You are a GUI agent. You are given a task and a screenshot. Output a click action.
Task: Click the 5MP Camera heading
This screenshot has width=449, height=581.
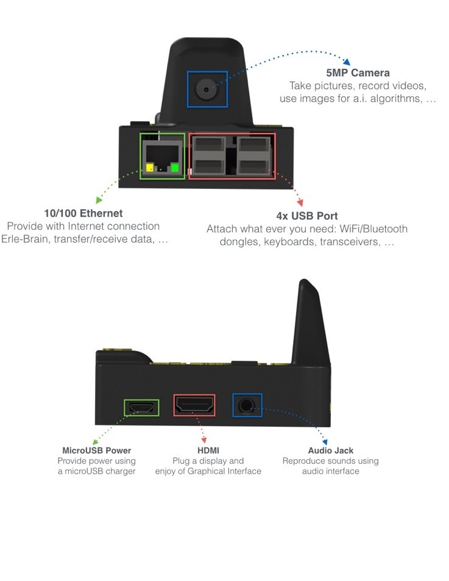point(358,73)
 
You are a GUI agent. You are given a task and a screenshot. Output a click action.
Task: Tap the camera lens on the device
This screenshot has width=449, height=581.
point(207,89)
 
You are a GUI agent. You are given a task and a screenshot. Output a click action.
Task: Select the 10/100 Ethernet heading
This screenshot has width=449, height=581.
point(83,213)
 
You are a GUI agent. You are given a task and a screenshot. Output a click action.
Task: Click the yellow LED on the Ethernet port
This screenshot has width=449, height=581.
point(150,168)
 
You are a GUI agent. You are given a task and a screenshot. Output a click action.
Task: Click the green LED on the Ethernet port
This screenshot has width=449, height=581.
point(175,168)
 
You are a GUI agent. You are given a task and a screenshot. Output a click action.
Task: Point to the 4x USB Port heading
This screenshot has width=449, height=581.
point(307,216)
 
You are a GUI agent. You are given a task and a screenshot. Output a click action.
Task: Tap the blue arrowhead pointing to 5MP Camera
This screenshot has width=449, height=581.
point(346,62)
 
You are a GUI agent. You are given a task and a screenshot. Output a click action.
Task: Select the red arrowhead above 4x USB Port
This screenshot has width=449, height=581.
point(299,202)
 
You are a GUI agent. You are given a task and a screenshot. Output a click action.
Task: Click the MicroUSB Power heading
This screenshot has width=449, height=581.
point(96,451)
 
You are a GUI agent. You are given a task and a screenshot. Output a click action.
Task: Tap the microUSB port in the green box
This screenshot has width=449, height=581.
point(141,407)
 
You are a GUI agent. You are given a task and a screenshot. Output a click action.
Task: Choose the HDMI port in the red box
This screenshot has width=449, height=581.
point(195,405)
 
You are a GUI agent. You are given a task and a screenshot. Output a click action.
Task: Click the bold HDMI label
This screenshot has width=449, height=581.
point(208,451)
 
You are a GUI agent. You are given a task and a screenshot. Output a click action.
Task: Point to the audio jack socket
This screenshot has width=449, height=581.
point(247,405)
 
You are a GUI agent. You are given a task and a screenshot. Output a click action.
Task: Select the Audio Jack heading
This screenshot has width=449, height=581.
point(330,451)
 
